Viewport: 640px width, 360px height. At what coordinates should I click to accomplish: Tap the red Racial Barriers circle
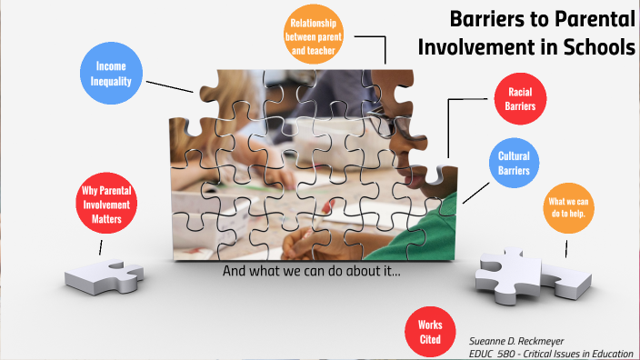pos(520,99)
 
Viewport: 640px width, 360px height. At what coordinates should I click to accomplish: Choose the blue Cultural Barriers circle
pos(514,163)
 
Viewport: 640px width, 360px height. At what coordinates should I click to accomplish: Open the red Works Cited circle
pos(430,332)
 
